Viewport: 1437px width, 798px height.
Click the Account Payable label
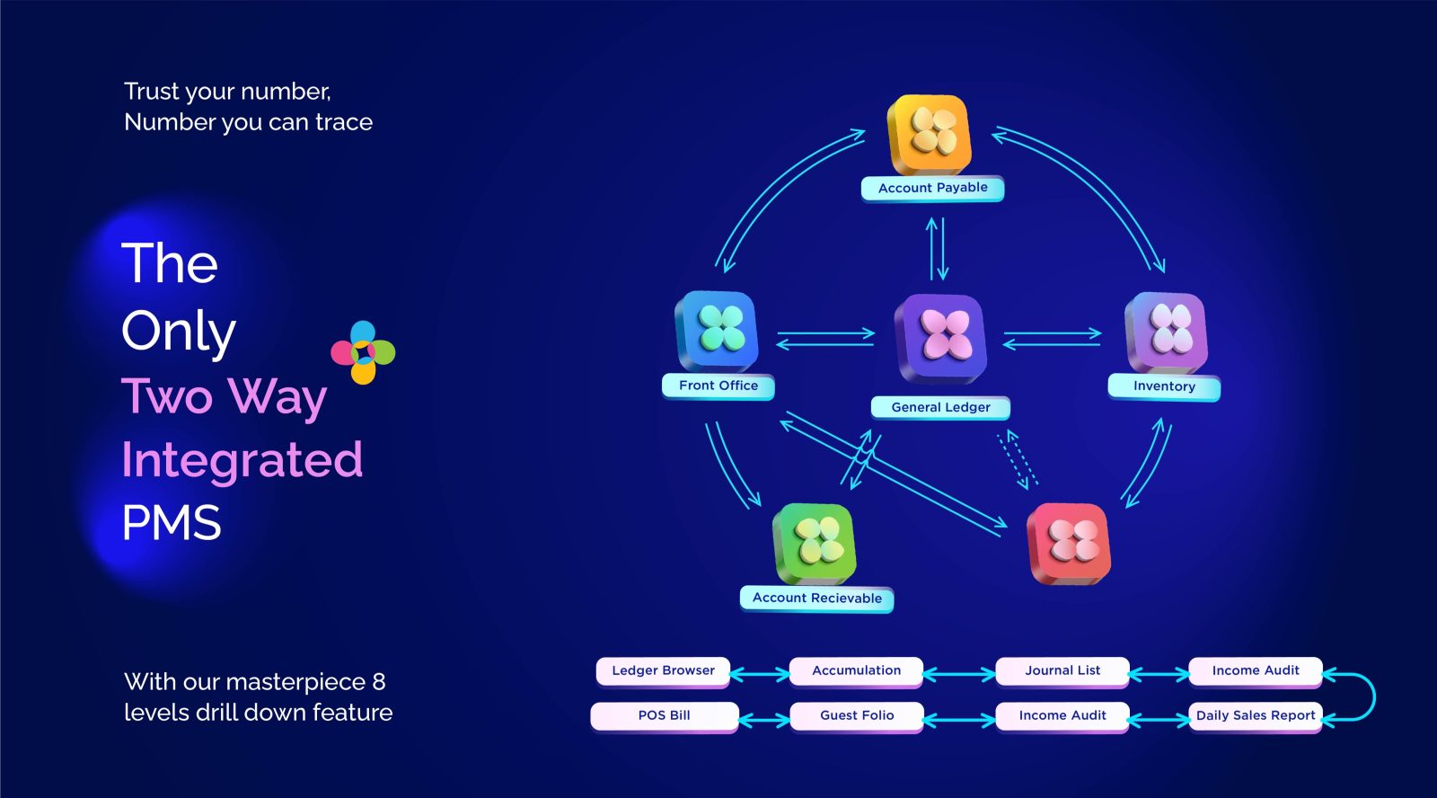(x=932, y=188)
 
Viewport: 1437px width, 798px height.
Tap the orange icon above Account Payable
(x=929, y=134)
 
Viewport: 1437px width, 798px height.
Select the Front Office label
(x=718, y=386)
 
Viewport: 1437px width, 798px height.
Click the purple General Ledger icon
(x=941, y=338)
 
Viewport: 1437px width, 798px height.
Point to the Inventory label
(x=1164, y=387)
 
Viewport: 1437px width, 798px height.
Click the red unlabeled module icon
(x=1069, y=543)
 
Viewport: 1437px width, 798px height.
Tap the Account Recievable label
(x=816, y=598)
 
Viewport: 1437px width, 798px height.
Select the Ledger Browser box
(x=663, y=671)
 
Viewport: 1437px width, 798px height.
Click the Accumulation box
(x=857, y=671)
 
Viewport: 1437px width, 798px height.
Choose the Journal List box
(x=1062, y=671)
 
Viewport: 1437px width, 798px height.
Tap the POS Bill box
(x=664, y=716)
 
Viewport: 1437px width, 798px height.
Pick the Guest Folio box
(x=857, y=716)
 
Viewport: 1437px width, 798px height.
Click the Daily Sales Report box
(x=1256, y=716)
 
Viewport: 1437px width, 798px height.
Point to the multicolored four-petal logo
(x=363, y=352)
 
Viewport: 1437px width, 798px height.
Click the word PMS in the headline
(x=172, y=523)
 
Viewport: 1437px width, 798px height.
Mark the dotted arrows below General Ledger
(x=1017, y=460)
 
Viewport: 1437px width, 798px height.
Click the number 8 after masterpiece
(x=378, y=682)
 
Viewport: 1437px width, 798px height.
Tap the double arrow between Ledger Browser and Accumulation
(x=760, y=674)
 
